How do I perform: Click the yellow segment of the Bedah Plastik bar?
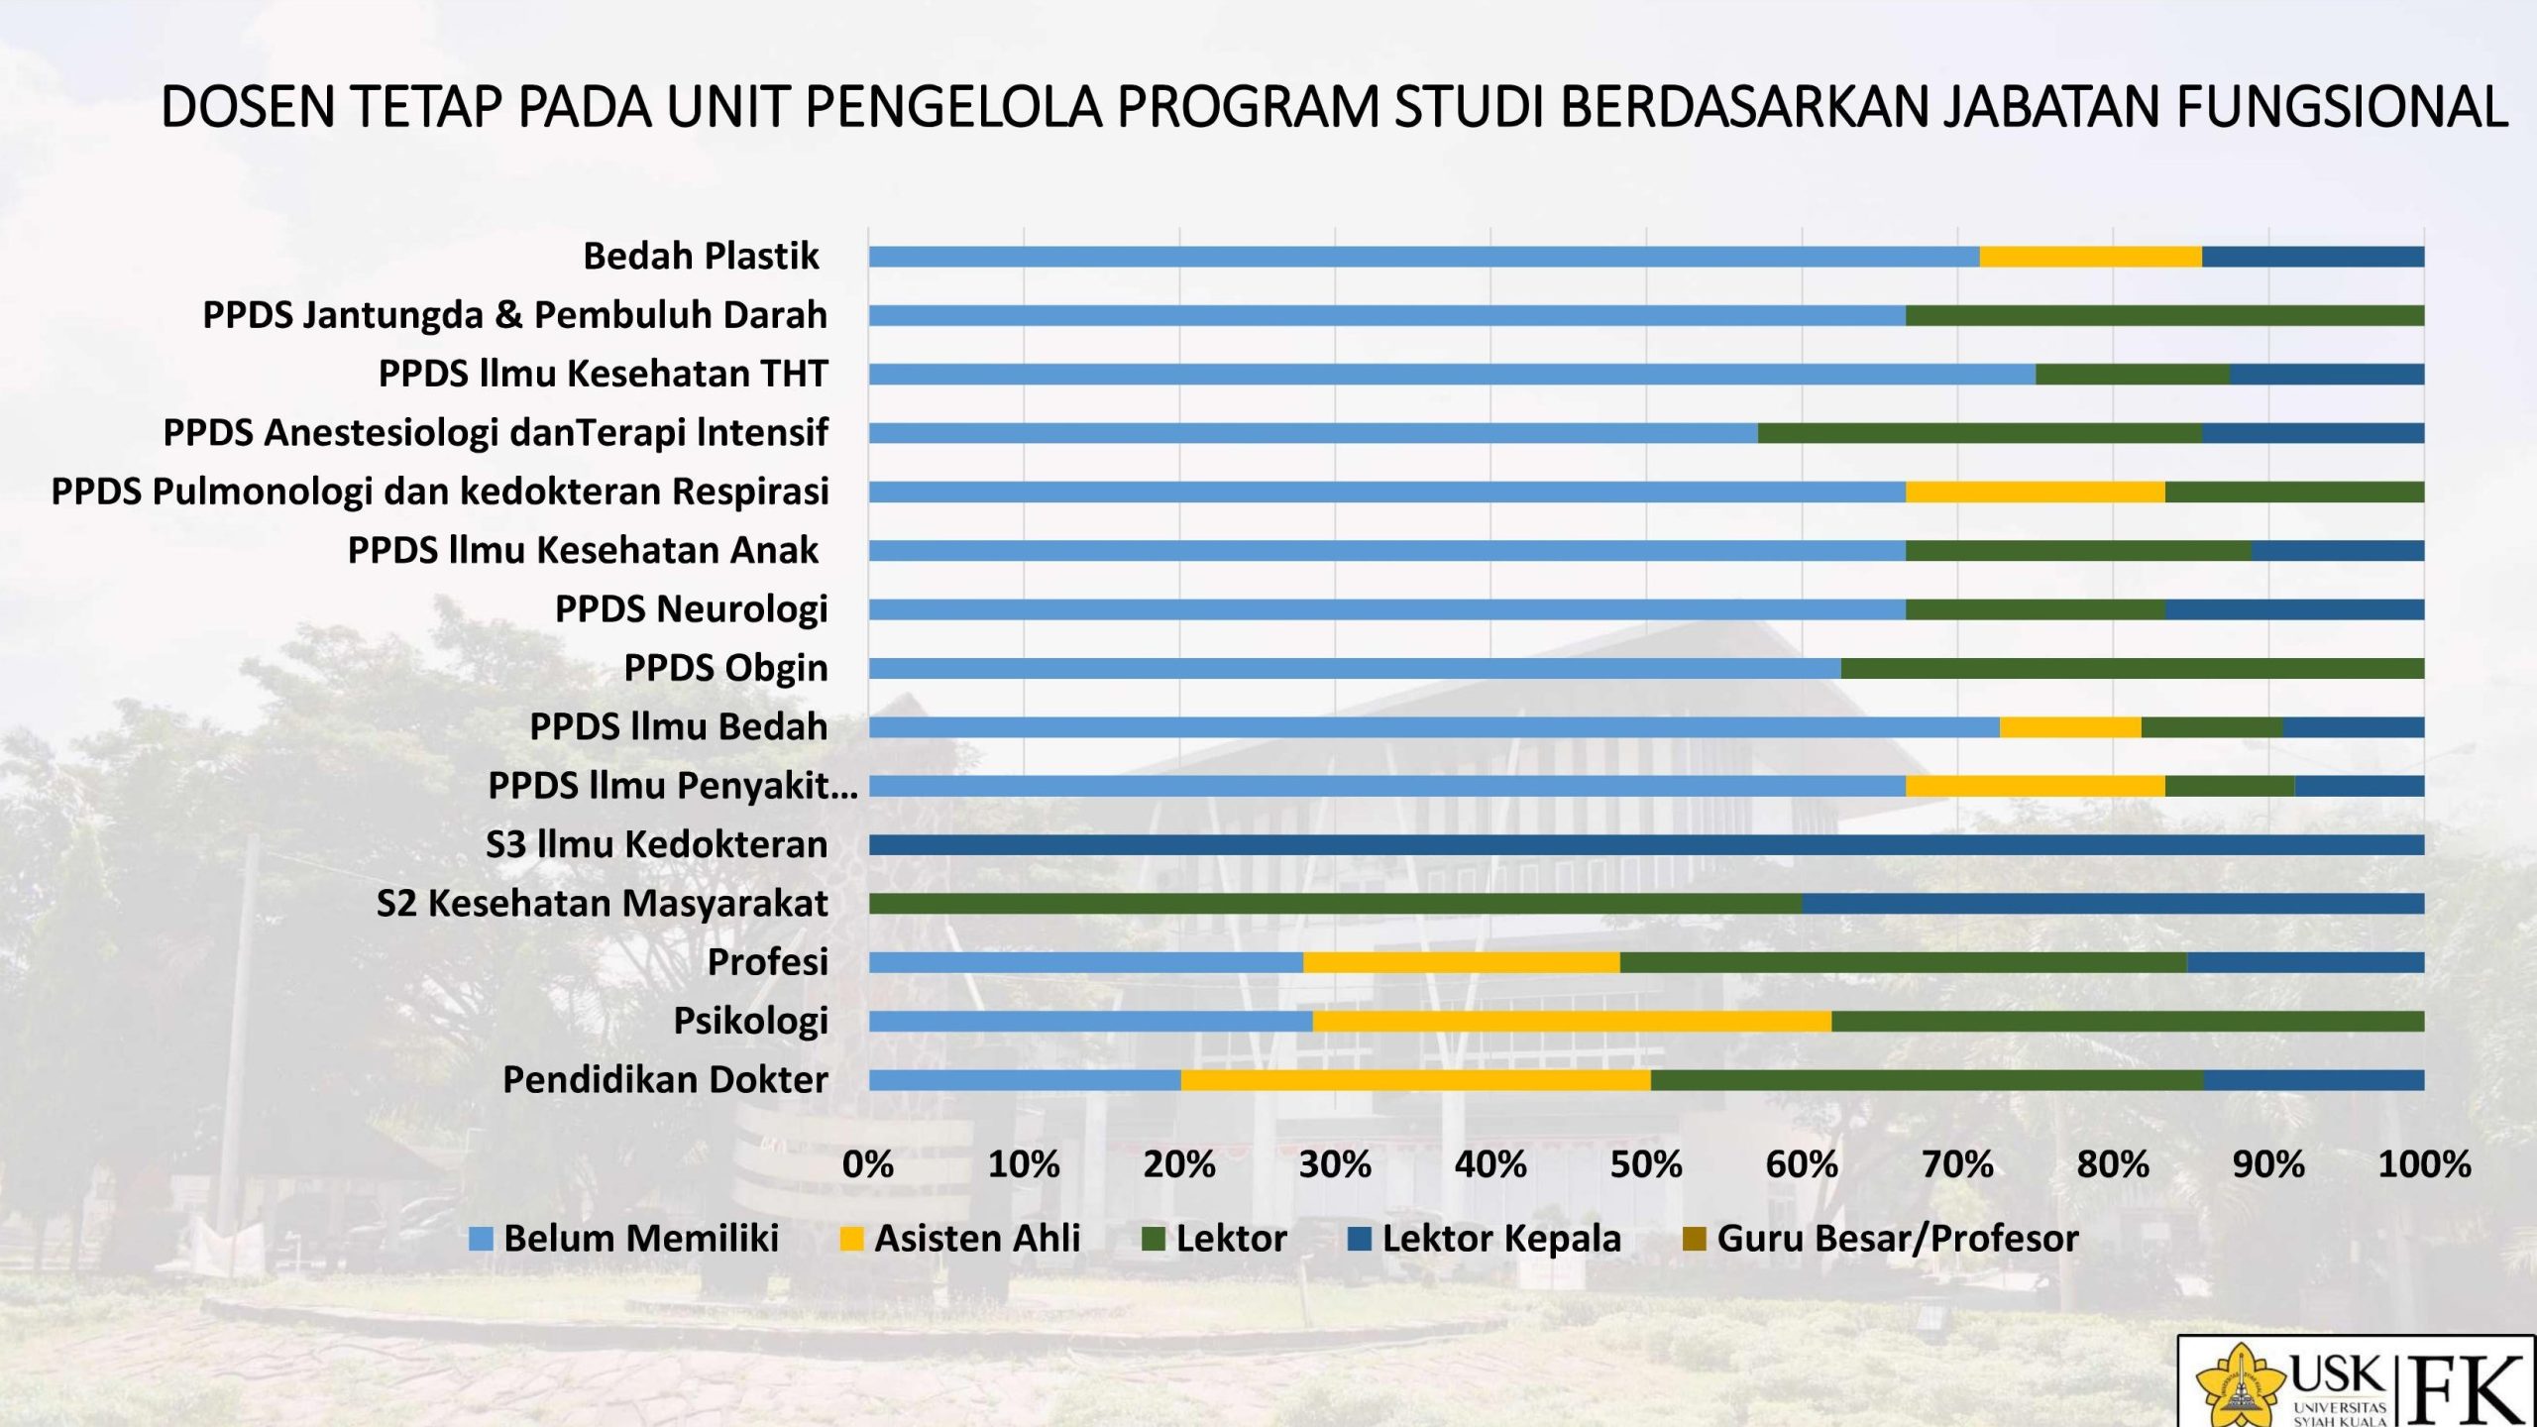pyautogui.click(x=2090, y=257)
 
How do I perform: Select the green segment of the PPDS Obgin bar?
pyautogui.click(x=2132, y=668)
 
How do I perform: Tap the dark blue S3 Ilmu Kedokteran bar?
pyautogui.click(x=1646, y=845)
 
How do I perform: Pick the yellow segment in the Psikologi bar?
pyautogui.click(x=1572, y=1021)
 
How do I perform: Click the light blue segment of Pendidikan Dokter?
pyautogui.click(x=1025, y=1080)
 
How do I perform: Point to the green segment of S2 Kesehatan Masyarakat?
pyautogui.click(x=1335, y=904)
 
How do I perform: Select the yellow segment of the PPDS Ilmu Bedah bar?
pyautogui.click(x=2070, y=727)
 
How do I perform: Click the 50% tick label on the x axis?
pyautogui.click(x=1646, y=1164)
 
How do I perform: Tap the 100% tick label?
pyautogui.click(x=2424, y=1164)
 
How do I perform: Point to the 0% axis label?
pyautogui.click(x=868, y=1164)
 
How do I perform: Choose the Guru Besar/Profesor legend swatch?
pyautogui.click(x=1695, y=1239)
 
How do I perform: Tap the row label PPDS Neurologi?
pyautogui.click(x=691, y=609)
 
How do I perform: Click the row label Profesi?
pyautogui.click(x=767, y=962)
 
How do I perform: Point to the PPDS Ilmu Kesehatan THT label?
pyautogui.click(x=603, y=375)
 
